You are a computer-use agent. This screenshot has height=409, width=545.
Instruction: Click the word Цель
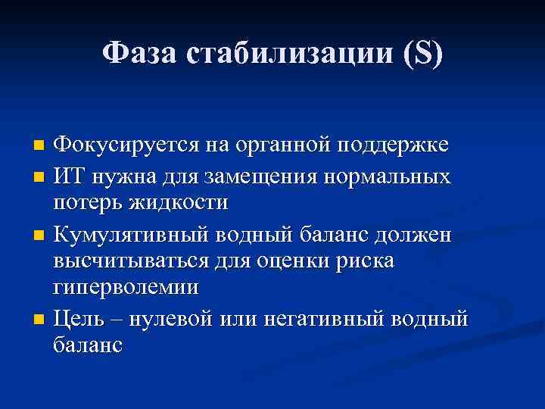[78, 317]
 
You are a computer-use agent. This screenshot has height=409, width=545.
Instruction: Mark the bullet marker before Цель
[41, 317]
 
